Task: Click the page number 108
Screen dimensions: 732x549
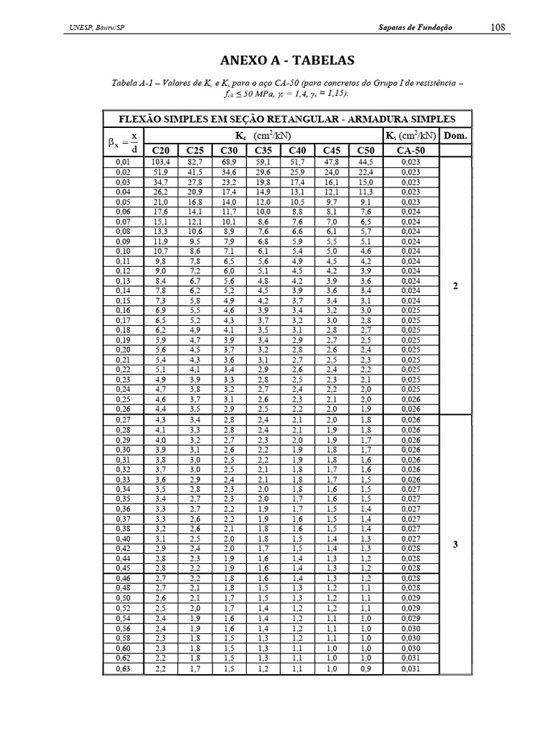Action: point(498,27)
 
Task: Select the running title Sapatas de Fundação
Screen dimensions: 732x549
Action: point(415,27)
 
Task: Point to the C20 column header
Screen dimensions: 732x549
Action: point(161,150)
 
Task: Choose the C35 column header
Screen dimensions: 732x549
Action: point(263,150)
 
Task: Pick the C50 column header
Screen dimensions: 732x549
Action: point(365,150)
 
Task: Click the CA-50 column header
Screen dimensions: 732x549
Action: point(411,150)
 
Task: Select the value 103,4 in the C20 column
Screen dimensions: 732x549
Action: point(161,162)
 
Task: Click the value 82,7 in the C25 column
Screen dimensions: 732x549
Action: point(195,162)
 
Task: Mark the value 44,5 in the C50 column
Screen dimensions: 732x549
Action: point(365,162)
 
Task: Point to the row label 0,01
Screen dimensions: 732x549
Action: point(124,162)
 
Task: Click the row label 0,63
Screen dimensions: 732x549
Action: point(124,669)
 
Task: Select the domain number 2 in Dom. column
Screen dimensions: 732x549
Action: point(455,286)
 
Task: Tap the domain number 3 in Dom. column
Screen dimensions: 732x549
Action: point(455,544)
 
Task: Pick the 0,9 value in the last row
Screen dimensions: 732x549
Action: point(365,669)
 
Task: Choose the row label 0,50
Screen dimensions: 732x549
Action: point(124,598)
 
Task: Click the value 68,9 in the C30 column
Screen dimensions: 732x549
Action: point(229,162)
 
